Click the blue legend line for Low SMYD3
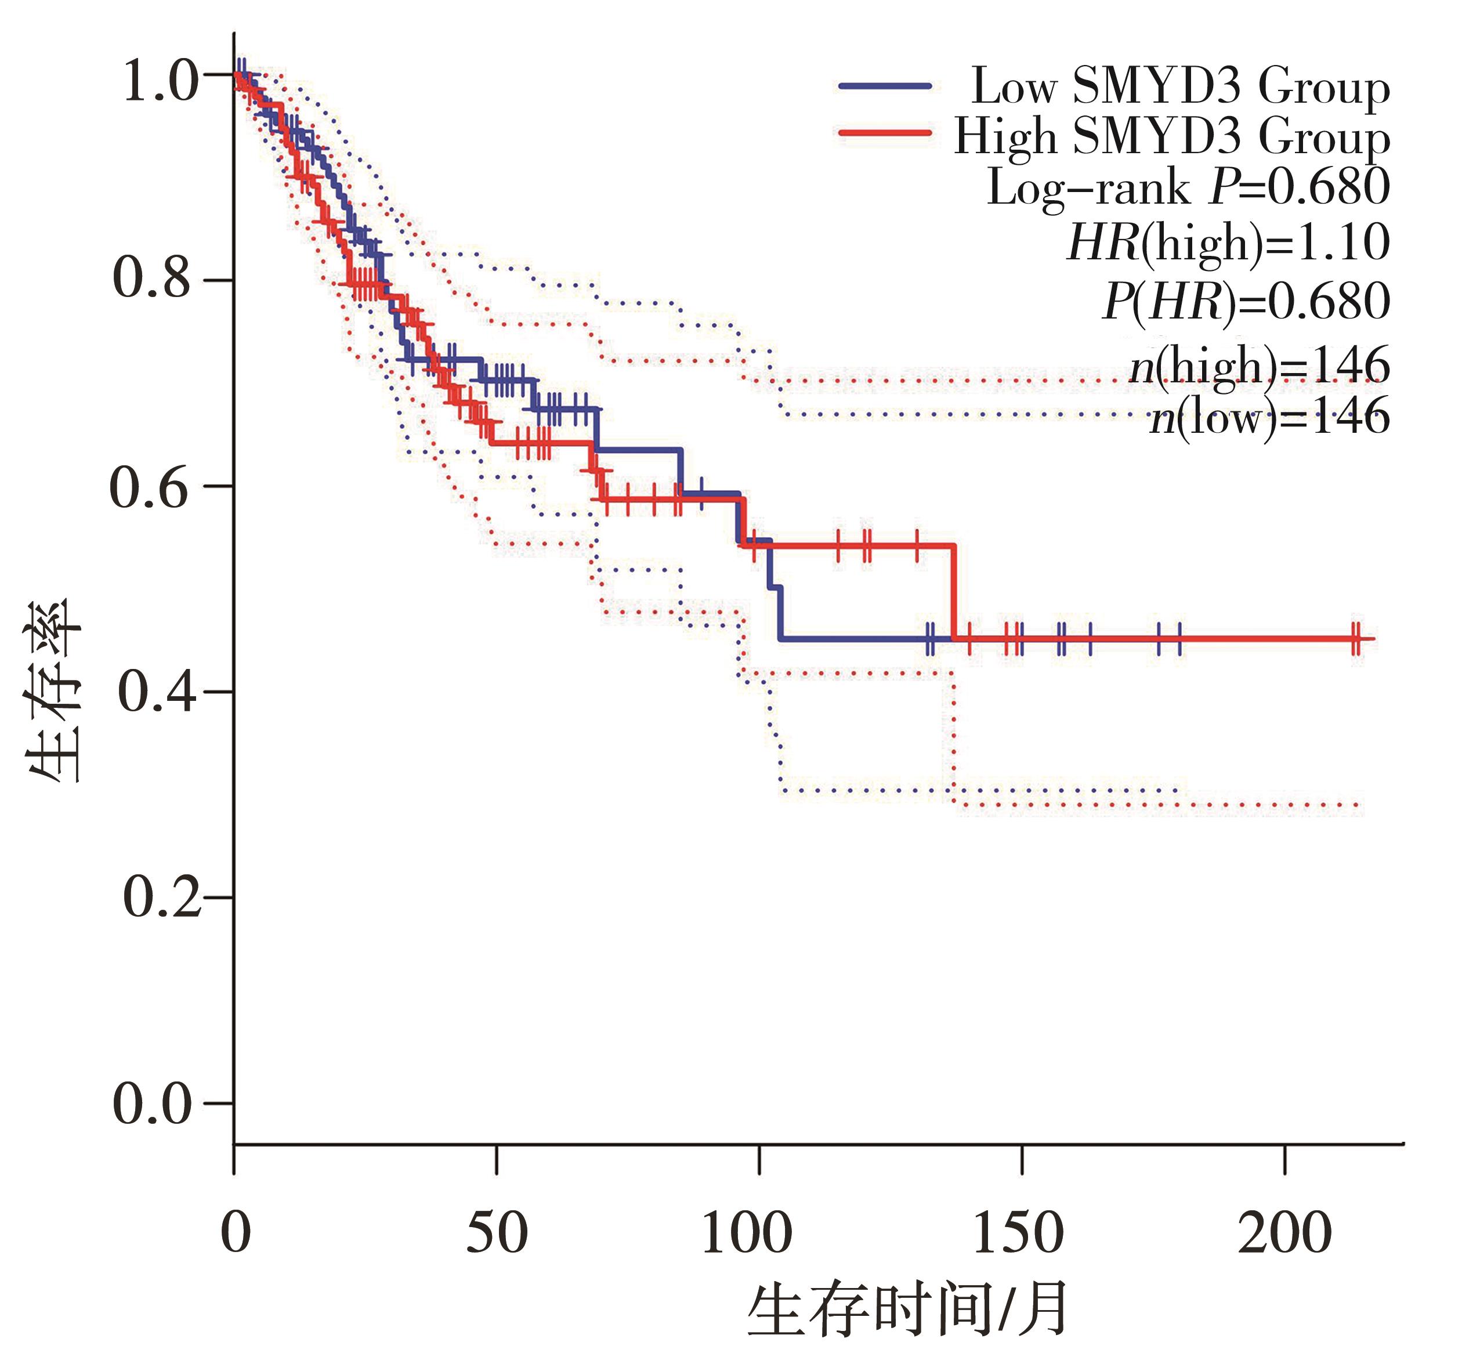pyautogui.click(x=884, y=86)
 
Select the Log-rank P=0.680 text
pyautogui.click(x=1188, y=187)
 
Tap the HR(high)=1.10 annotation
pyautogui.click(x=1228, y=243)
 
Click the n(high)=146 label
pyautogui.click(x=1258, y=366)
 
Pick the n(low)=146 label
pyautogui.click(x=1269, y=417)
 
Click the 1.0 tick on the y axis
pyautogui.click(x=160, y=80)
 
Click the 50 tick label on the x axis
pyautogui.click(x=497, y=1233)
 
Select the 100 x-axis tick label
pyautogui.click(x=747, y=1233)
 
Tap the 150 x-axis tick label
pyautogui.click(x=1018, y=1233)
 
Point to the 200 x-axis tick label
pyautogui.click(x=1284, y=1233)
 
